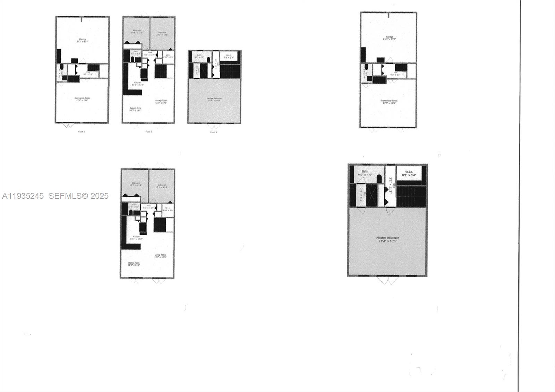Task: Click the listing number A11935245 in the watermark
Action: pos(23,196)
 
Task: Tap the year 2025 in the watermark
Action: pos(100,196)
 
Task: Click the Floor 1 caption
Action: pos(82,132)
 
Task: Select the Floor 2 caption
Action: pos(148,132)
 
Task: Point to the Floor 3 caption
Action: pos(214,132)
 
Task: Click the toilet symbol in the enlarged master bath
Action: pos(379,179)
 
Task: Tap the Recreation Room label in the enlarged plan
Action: pos(389,102)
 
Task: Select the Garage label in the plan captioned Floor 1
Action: pos(83,41)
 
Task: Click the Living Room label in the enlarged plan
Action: pos(160,256)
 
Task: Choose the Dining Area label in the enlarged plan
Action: pos(134,264)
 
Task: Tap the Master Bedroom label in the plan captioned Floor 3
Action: pos(214,99)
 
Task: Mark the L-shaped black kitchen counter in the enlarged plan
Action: pos(129,243)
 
